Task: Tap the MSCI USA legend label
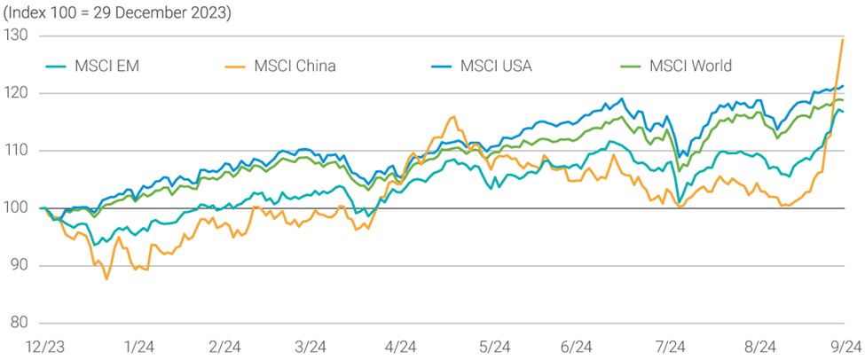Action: pyautogui.click(x=496, y=66)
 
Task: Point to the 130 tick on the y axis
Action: pyautogui.click(x=15, y=36)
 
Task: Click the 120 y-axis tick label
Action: pyautogui.click(x=15, y=94)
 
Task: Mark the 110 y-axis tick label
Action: pyautogui.click(x=15, y=151)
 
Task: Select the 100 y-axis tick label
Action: pyautogui.click(x=15, y=208)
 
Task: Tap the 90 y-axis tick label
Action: pyautogui.click(x=17, y=265)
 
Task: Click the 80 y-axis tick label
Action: pyautogui.click(x=17, y=323)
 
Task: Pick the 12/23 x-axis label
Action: pyautogui.click(x=43, y=347)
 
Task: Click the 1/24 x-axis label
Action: pyautogui.click(x=138, y=347)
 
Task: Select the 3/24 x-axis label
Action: pyautogui.click(x=310, y=347)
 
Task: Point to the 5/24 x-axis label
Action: pyautogui.click(x=494, y=347)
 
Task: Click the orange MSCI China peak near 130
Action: pyautogui.click(x=842, y=40)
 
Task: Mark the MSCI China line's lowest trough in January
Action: pyautogui.click(x=107, y=279)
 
